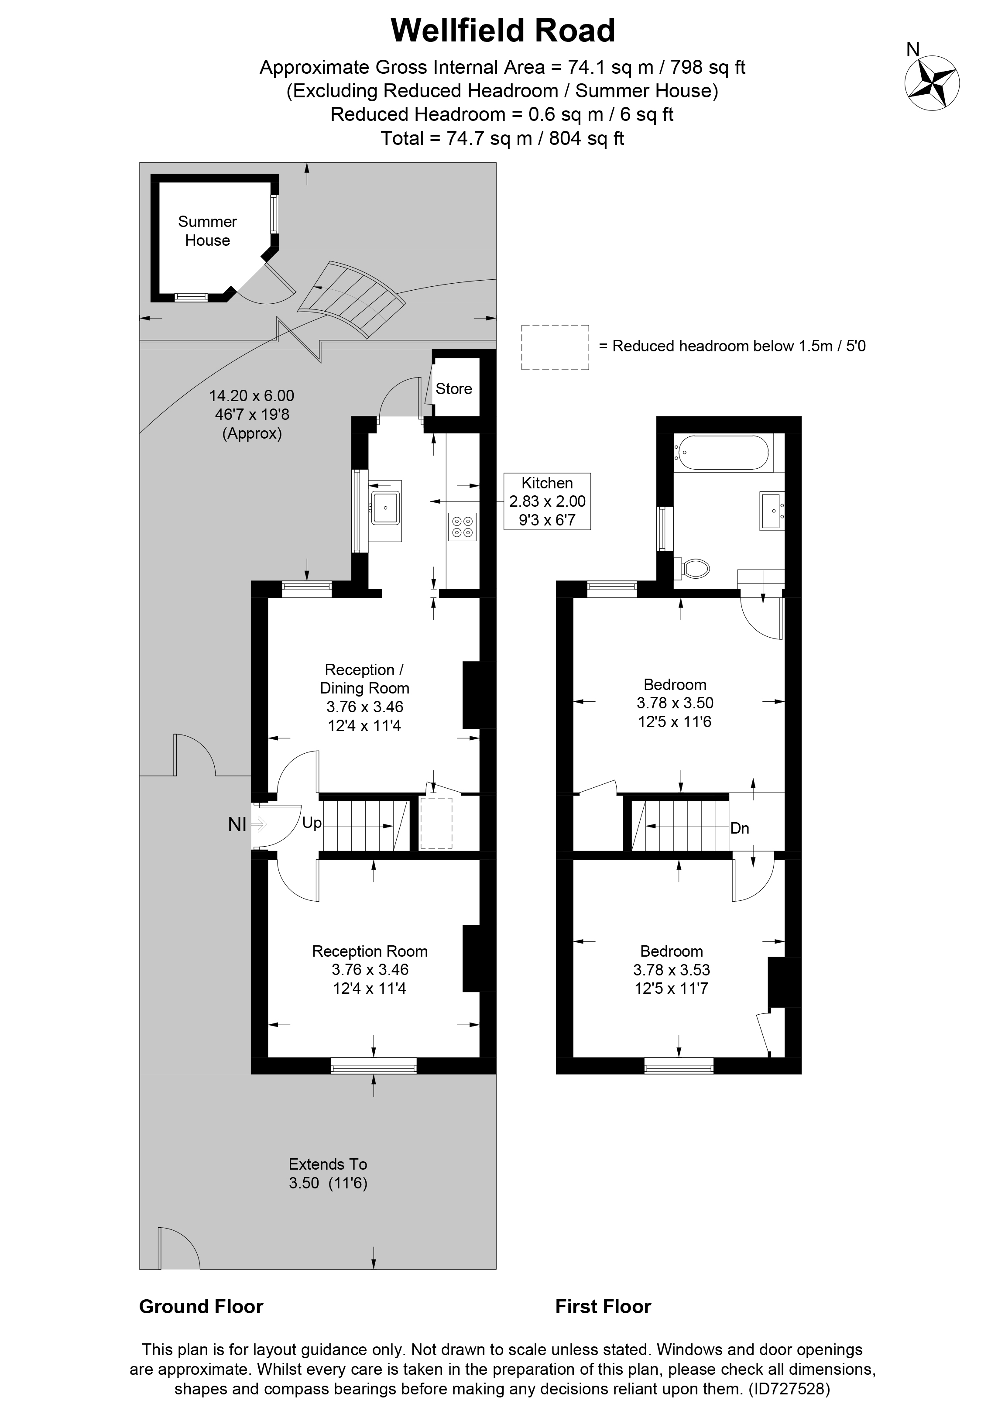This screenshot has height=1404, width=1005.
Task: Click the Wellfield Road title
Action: tap(503, 31)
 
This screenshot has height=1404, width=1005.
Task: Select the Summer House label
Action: tap(207, 231)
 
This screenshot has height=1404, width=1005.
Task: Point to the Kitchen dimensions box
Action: tap(547, 501)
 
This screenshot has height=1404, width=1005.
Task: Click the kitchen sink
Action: tap(385, 508)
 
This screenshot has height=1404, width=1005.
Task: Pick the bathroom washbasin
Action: tap(772, 511)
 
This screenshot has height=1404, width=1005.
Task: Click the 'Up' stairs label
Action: tap(312, 823)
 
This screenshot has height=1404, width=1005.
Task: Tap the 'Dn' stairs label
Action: tap(740, 828)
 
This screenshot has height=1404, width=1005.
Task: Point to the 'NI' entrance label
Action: tap(237, 824)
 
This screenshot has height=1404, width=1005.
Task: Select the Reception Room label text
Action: tap(370, 951)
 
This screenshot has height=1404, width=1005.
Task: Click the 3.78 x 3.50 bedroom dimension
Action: tap(675, 703)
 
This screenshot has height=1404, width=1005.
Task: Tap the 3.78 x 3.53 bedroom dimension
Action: tap(672, 970)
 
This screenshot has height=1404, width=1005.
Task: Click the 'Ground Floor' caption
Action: tap(201, 1306)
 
